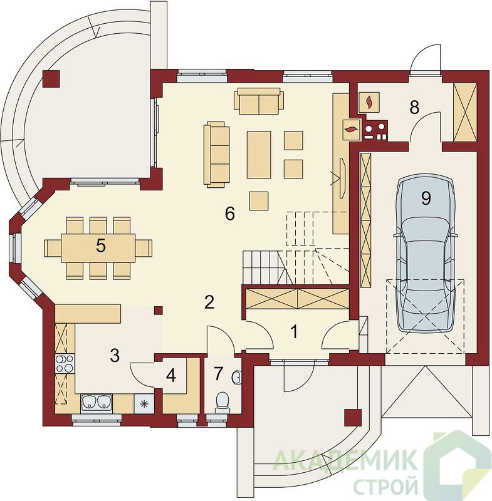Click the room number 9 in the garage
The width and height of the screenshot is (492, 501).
pyautogui.click(x=426, y=198)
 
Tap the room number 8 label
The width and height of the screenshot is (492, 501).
pyautogui.click(x=414, y=107)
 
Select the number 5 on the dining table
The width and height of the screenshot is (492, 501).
pyautogui.click(x=101, y=246)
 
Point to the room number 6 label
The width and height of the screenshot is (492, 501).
pyautogui.click(x=230, y=214)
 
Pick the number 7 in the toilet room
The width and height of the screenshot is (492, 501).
pyautogui.click(x=218, y=373)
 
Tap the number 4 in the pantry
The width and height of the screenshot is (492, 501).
pyautogui.click(x=171, y=375)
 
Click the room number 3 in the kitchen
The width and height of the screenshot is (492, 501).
pyautogui.click(x=115, y=355)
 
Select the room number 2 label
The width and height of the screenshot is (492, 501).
pyautogui.click(x=209, y=302)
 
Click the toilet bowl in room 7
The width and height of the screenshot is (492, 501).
pyautogui.click(x=222, y=403)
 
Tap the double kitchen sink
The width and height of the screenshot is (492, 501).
pyautogui.click(x=97, y=403)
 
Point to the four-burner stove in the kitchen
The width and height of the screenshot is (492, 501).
pyautogui.click(x=65, y=364)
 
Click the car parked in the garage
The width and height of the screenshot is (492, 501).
pyautogui.click(x=425, y=254)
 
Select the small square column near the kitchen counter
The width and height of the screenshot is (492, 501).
pyautogui.click(x=158, y=310)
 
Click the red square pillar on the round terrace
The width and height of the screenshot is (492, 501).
pyautogui.click(x=51, y=79)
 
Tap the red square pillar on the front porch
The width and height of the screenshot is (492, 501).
pyautogui.click(x=353, y=418)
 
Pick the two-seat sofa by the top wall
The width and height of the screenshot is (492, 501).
pyautogui.click(x=259, y=101)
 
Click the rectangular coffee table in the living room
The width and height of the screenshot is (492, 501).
pyautogui.click(x=259, y=155)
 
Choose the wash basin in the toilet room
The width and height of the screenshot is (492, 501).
pyautogui.click(x=236, y=378)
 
